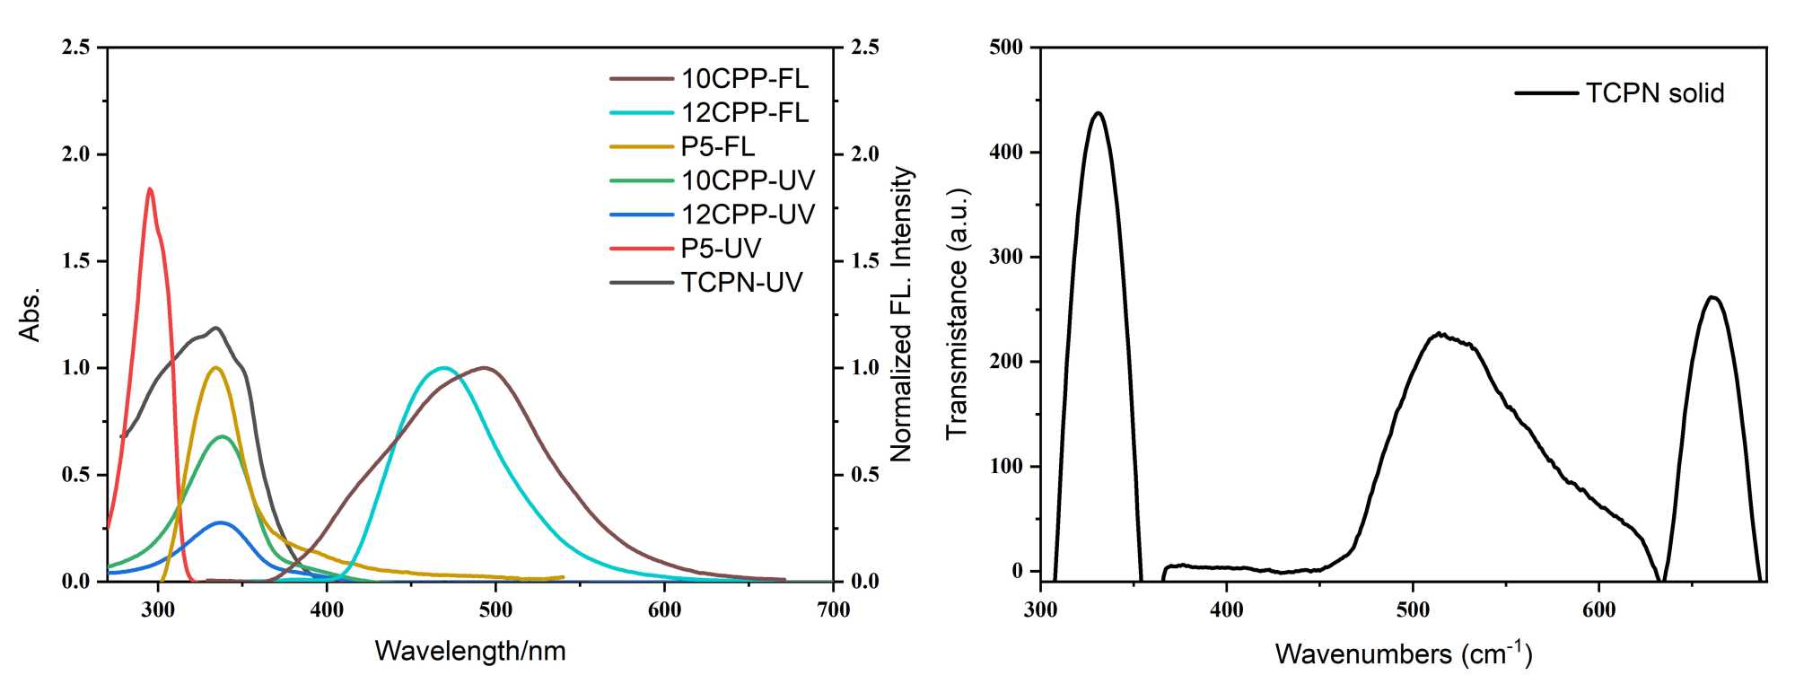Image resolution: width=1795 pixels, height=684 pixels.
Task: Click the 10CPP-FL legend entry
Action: coord(744,79)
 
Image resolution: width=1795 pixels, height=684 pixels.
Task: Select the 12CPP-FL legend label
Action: coord(744,113)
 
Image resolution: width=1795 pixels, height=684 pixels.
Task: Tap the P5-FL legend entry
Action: coord(717,146)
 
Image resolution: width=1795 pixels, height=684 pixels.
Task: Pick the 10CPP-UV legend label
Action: coord(748,180)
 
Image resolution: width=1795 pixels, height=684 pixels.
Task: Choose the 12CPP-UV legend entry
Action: coord(748,215)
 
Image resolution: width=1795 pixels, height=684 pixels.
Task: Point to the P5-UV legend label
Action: coord(721,249)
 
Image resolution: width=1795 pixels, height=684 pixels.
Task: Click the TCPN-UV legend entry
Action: coord(741,283)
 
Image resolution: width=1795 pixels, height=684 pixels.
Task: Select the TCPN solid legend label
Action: coord(1654,93)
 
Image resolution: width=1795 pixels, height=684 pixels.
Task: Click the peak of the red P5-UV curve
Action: coord(150,189)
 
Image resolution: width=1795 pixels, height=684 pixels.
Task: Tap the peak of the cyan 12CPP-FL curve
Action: coord(442,367)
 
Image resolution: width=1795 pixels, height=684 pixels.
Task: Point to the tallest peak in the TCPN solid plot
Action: coord(1098,113)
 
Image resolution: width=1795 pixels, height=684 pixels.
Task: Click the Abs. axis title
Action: coord(30,314)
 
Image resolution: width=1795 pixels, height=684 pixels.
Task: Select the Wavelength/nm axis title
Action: coord(470,651)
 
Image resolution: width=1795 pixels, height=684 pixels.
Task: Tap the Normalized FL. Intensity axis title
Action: coord(901,314)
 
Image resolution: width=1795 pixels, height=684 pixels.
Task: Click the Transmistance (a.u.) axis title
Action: coord(958,314)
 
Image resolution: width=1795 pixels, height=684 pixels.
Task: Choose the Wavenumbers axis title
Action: coord(1403,653)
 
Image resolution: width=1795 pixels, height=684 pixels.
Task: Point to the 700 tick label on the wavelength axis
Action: coord(833,610)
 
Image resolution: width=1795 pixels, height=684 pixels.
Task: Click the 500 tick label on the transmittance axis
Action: coord(1006,48)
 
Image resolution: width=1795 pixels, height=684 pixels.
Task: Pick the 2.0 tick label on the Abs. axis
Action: coord(76,154)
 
